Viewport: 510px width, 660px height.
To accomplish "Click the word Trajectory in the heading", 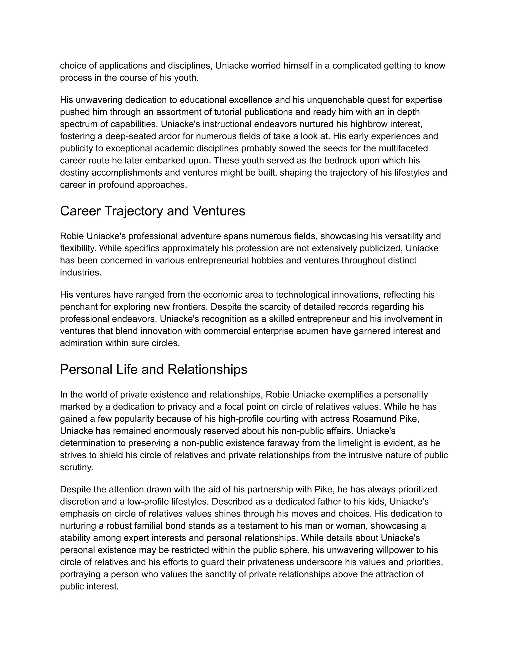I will pyautogui.click(x=133, y=211).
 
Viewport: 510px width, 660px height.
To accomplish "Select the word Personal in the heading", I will pyautogui.click(x=86, y=370).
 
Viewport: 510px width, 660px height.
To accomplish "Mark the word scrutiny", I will pyautogui.click(x=76, y=467).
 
